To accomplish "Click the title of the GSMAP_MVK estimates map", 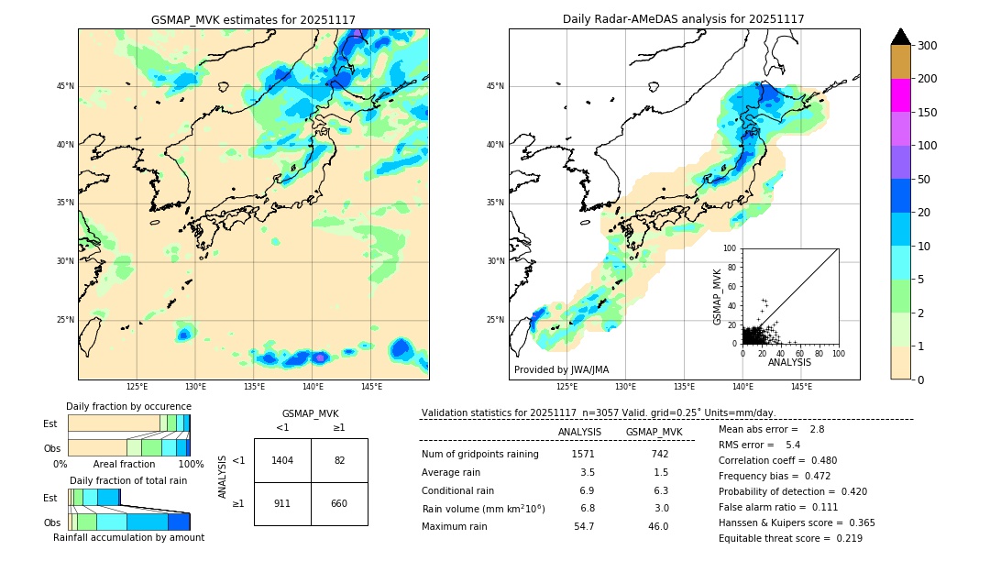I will pyautogui.click(x=253, y=19).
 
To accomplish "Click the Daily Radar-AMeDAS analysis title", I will pyautogui.click(x=684, y=19).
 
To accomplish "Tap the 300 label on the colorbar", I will pyautogui.click(x=928, y=46).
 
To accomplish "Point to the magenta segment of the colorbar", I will pyautogui.click(x=900, y=95).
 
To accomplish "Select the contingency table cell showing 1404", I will pyautogui.click(x=282, y=460).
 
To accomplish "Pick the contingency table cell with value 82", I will pyautogui.click(x=339, y=460).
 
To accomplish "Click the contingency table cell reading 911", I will pyautogui.click(x=282, y=503).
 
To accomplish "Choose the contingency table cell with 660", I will pyautogui.click(x=339, y=503).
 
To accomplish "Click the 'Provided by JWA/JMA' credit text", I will pyautogui.click(x=561, y=370).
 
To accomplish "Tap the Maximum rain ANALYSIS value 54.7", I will pyautogui.click(x=583, y=526).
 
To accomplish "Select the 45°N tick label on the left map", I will pyautogui.click(x=65, y=87).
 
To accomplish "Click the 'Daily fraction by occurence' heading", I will pyautogui.click(x=128, y=406).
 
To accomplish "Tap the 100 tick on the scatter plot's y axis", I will pyautogui.click(x=731, y=248).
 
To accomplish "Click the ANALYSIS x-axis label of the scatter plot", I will pyautogui.click(x=790, y=363).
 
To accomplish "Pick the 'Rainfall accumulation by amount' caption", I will pyautogui.click(x=128, y=537).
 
